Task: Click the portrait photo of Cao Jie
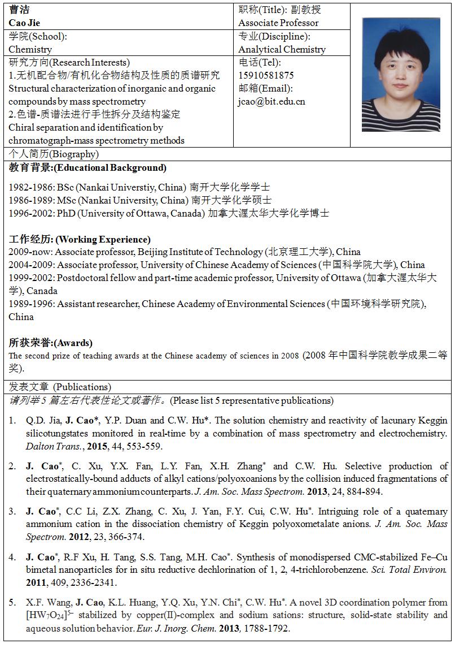(401, 75)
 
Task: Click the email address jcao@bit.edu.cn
(272, 101)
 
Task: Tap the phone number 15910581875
(266, 75)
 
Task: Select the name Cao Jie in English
(25, 23)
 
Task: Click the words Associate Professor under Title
(278, 23)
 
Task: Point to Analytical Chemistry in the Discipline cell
(282, 49)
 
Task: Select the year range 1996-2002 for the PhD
(31, 213)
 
